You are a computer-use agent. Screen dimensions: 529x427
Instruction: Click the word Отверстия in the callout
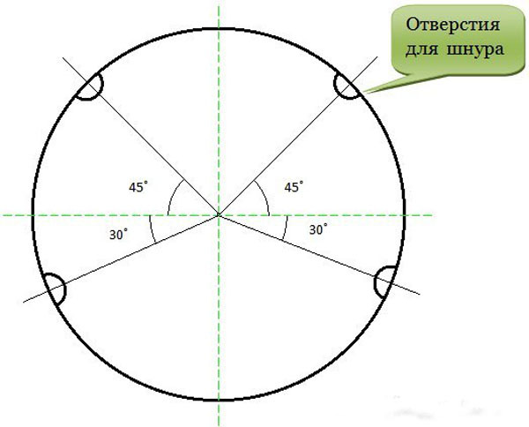452,26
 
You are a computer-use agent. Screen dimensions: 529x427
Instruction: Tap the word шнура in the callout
475,49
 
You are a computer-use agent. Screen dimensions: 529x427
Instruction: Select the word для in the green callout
421,50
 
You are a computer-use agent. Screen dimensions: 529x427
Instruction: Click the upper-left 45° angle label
138,187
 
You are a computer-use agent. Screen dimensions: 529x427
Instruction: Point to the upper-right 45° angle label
294,187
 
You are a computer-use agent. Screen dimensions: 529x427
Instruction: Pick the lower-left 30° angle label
119,235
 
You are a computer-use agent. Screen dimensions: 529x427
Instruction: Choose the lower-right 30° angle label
318,229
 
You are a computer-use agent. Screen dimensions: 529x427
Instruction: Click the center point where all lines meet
219,215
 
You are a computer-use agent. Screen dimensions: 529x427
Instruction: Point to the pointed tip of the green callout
364,92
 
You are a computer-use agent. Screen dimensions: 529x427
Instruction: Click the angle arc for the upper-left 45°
172,194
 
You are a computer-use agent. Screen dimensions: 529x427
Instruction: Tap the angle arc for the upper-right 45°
264,195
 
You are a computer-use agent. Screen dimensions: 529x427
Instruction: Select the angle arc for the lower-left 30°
151,229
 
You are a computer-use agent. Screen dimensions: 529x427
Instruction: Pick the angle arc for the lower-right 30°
286,228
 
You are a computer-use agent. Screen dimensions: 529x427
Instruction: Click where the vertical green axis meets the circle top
219,29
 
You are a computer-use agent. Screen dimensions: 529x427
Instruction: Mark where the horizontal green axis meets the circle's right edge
405,215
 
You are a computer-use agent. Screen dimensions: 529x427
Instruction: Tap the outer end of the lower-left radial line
23,302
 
